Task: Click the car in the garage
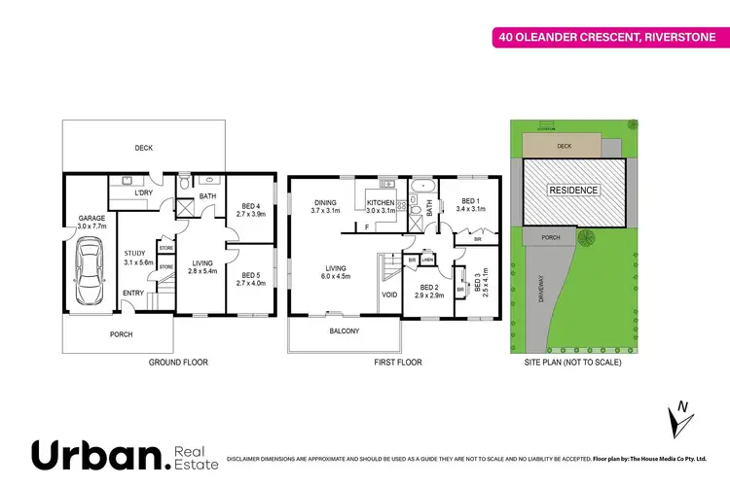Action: (x=89, y=274)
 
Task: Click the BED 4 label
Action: (x=252, y=205)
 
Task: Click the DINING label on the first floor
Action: (x=325, y=203)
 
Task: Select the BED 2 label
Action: (x=430, y=289)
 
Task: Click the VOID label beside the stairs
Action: (x=389, y=295)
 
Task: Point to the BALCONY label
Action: (x=343, y=331)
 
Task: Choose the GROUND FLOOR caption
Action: (x=177, y=362)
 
